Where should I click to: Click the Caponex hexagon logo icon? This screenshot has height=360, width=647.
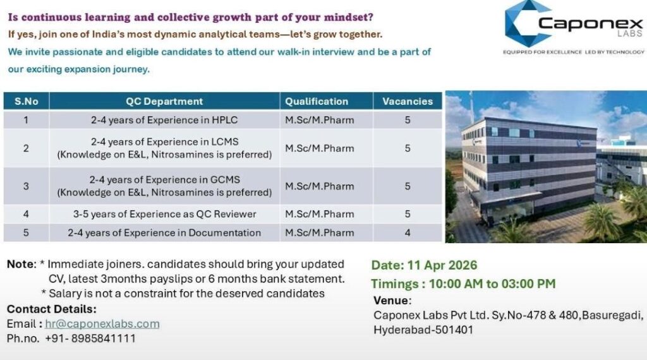(527, 23)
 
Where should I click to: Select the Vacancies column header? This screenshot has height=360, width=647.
(408, 101)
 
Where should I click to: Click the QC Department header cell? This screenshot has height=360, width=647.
(164, 101)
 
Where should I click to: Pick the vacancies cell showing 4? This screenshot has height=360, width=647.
(408, 232)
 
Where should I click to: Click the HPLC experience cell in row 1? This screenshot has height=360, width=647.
(164, 120)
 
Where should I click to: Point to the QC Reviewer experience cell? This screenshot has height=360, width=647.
(164, 214)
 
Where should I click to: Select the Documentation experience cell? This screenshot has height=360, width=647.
(164, 232)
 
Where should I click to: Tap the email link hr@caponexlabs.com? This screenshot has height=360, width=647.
(102, 324)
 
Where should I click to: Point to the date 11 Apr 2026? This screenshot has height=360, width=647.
(442, 265)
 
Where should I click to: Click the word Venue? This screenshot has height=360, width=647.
(391, 300)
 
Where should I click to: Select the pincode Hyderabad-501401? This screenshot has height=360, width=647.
(423, 330)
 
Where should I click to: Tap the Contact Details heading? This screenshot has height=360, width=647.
(52, 309)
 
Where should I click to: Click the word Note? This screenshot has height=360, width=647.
(21, 265)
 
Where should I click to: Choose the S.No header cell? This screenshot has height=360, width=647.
(27, 101)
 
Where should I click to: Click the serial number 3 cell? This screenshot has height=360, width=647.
(27, 186)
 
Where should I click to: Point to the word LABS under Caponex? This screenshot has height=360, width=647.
(630, 34)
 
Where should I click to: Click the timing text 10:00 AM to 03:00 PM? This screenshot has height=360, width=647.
(492, 284)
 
